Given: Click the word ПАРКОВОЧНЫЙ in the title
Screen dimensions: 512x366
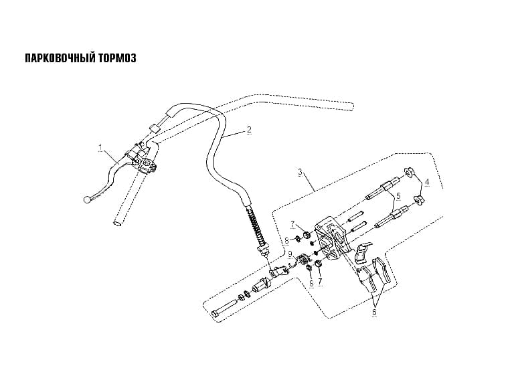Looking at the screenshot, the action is (x=60, y=58).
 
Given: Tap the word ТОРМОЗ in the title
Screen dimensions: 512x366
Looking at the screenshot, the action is (x=116, y=58).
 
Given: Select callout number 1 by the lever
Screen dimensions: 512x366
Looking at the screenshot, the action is (x=100, y=148).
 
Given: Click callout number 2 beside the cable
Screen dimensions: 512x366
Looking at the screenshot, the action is (x=249, y=130).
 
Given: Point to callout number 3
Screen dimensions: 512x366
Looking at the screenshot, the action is (x=300, y=172).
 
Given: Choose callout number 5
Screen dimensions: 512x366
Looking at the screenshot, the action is (x=398, y=196).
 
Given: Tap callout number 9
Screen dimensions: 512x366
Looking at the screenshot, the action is (x=289, y=254).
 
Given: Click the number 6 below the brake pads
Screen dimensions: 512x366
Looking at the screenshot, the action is (x=374, y=312).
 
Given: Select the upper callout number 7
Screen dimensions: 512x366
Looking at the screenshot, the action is (x=292, y=224).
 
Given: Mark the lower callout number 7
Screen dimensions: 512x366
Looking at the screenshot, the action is (x=320, y=281).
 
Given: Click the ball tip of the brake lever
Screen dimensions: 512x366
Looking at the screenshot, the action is (x=87, y=199).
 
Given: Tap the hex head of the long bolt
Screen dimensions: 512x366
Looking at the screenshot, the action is (x=216, y=314).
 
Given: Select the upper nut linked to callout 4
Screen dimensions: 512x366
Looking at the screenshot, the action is (x=408, y=171).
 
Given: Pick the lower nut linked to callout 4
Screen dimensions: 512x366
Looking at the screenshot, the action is (x=418, y=200).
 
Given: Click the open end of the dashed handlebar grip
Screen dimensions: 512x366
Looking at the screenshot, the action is (x=116, y=223).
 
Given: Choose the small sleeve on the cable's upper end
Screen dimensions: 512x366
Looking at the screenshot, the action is (x=154, y=127).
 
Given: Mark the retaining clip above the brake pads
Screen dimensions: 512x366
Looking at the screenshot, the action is (x=363, y=252).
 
